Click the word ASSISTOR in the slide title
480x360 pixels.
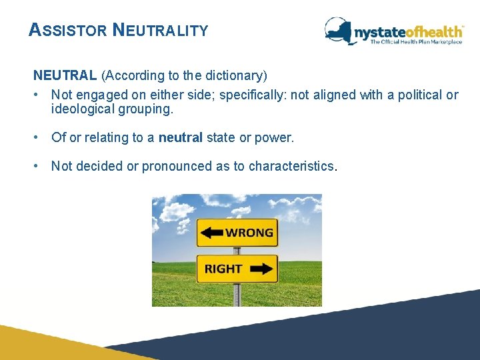click(67, 31)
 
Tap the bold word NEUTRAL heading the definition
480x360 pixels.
click(65, 75)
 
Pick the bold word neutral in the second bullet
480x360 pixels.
click(181, 137)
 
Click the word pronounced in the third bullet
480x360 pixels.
click(175, 166)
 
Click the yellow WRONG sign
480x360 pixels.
click(237, 233)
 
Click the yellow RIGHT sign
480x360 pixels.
click(237, 269)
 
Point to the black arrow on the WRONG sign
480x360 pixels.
click(212, 233)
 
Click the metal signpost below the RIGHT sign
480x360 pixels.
click(236, 293)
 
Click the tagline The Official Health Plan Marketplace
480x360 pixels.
click(416, 42)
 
